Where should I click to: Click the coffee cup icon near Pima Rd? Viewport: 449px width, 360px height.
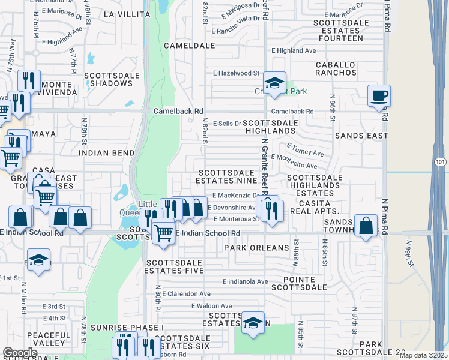tap(379, 95)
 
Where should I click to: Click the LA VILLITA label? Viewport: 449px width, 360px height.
tap(125, 13)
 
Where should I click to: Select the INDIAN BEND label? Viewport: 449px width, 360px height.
tap(106, 153)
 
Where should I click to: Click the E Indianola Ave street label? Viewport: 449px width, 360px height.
tap(245, 281)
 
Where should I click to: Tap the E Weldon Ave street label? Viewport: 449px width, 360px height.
tap(211, 306)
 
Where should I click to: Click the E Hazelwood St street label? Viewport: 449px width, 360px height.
tap(235, 73)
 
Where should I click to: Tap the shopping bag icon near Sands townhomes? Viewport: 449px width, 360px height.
tap(366, 226)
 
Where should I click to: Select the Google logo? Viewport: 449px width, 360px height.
tap(20, 353)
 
